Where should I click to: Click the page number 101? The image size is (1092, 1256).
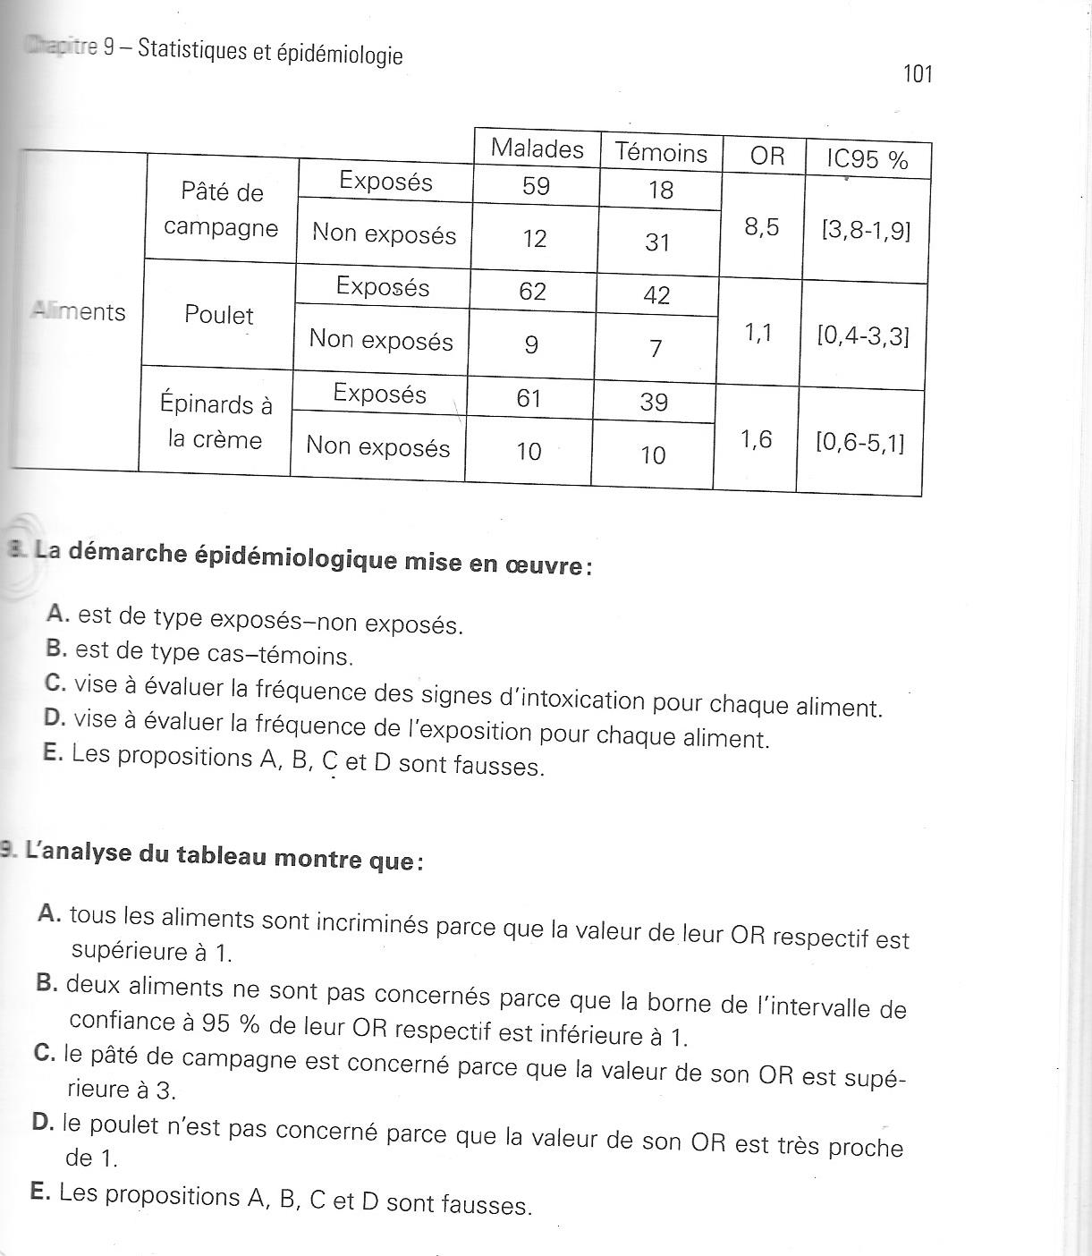click(x=918, y=73)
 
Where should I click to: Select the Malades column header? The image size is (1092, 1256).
click(x=537, y=149)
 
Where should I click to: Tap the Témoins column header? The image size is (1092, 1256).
click(x=661, y=153)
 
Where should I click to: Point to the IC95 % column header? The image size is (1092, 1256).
click(x=867, y=160)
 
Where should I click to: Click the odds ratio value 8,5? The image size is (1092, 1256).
click(x=761, y=227)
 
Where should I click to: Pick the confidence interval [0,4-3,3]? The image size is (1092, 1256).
click(x=862, y=337)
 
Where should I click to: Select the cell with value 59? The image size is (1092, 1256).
click(x=535, y=187)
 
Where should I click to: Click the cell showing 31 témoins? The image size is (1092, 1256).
click(x=657, y=242)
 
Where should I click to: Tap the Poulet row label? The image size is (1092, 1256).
click(x=219, y=315)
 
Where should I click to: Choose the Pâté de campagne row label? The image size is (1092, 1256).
click(x=221, y=210)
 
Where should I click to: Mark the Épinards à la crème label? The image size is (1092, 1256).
click(x=216, y=422)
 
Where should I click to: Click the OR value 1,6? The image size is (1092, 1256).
click(x=756, y=440)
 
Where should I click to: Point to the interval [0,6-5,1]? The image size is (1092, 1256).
click(x=859, y=443)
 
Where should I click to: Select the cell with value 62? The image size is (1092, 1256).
click(x=532, y=292)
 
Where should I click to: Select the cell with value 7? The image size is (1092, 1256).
click(x=656, y=349)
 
